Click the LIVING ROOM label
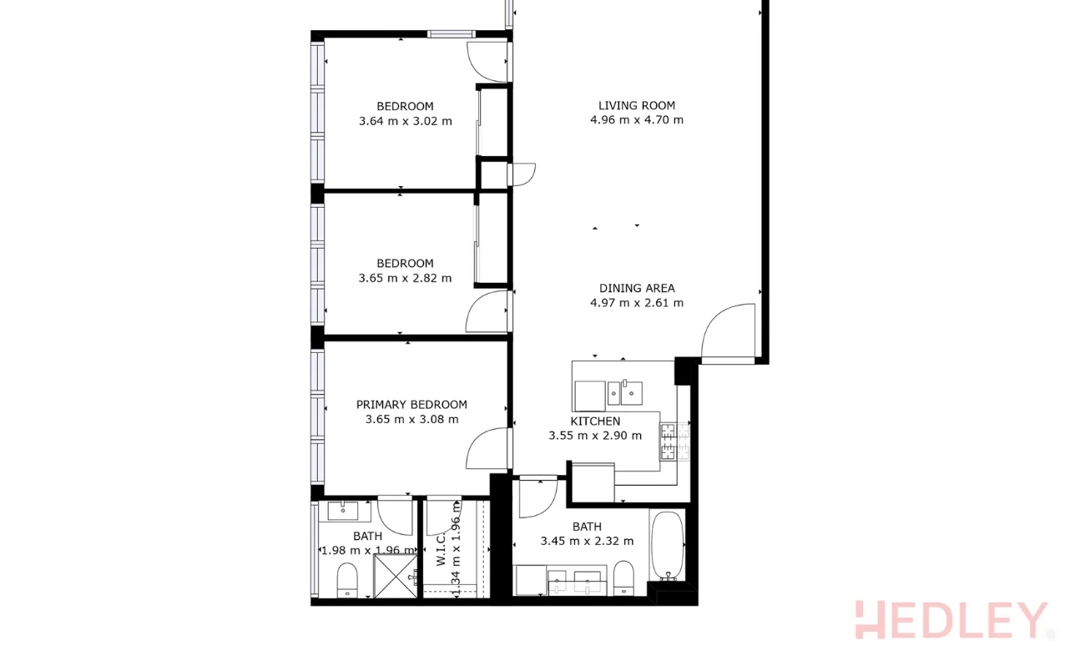coord(636,106)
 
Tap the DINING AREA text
coord(636,289)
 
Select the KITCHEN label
coord(595,421)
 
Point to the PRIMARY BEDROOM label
coord(411,405)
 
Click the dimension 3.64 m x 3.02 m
coord(405,121)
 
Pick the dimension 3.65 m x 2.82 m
coord(405,278)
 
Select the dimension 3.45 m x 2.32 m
coord(587,541)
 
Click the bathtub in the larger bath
coord(667,546)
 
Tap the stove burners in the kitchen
coord(669,442)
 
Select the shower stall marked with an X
coord(394,577)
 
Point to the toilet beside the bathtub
coord(623,577)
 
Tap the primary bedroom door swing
coord(487,449)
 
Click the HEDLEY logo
coord(950,620)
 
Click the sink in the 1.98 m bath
coord(343,510)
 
